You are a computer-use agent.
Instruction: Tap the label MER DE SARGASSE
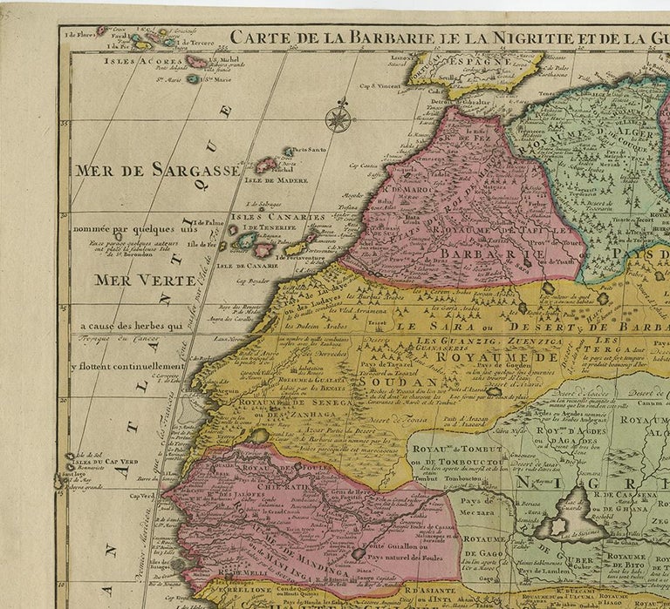[157, 170]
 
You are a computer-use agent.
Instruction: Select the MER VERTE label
[133, 281]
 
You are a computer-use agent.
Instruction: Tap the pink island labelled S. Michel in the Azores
[197, 62]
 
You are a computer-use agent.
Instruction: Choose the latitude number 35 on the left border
[65, 123]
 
